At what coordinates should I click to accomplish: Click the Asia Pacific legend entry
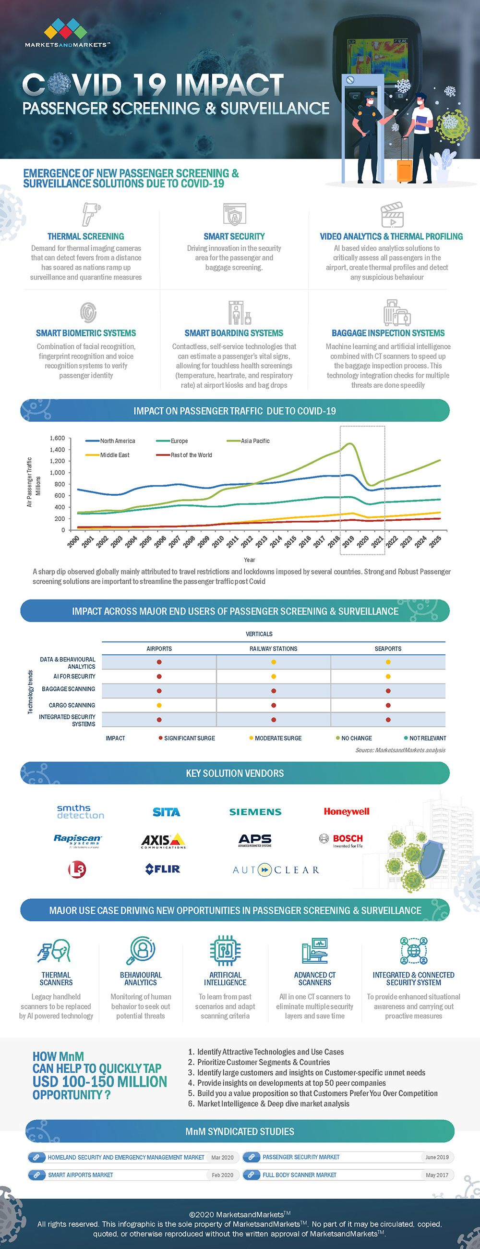(x=255, y=441)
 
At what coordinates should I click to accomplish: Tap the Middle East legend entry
(x=114, y=455)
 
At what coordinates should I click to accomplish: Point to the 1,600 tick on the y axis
(x=57, y=438)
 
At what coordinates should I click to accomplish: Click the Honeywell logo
(x=346, y=812)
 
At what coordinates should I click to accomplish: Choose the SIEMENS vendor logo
(x=255, y=812)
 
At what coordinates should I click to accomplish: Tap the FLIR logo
(x=163, y=869)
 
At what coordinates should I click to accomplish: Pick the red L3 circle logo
(x=77, y=869)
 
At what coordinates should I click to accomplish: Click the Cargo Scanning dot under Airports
(x=159, y=706)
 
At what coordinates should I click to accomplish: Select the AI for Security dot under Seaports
(x=388, y=676)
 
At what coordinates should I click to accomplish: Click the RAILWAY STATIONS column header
(x=273, y=649)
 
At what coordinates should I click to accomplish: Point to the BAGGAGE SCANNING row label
(x=68, y=689)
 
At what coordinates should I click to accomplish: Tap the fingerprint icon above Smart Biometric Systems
(x=88, y=312)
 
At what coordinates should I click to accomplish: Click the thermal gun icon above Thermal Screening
(x=90, y=214)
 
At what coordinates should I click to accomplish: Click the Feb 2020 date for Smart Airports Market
(x=222, y=1175)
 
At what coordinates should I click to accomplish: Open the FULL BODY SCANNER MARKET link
(x=300, y=1175)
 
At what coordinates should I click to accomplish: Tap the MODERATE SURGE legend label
(x=278, y=738)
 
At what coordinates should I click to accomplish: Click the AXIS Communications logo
(x=163, y=840)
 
